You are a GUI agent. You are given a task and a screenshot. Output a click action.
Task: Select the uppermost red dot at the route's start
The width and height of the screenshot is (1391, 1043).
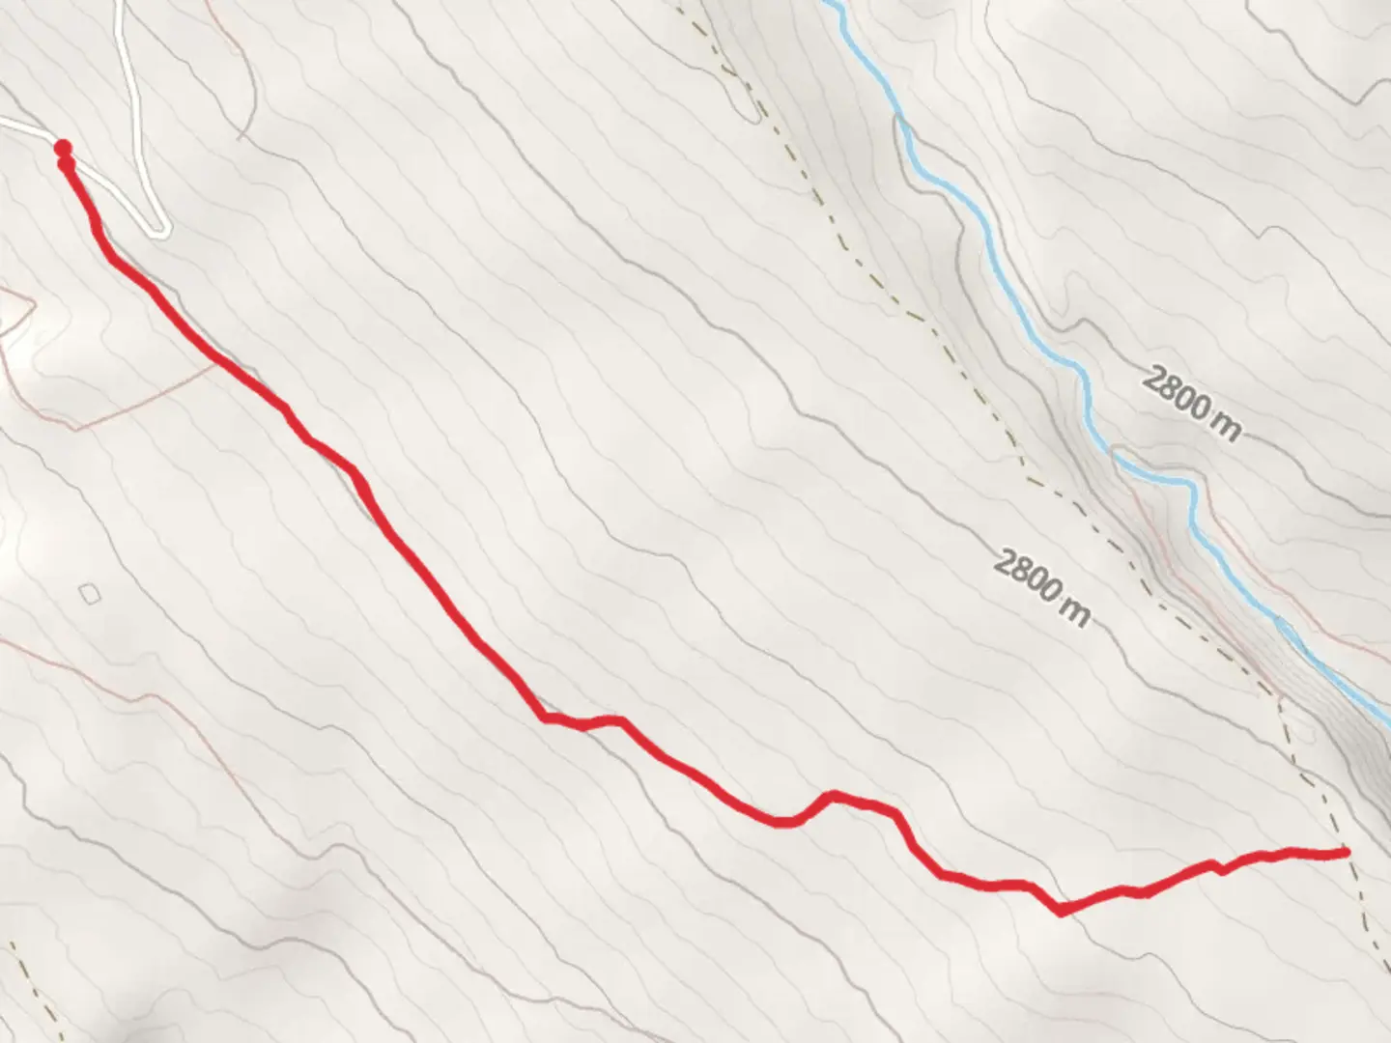tap(63, 148)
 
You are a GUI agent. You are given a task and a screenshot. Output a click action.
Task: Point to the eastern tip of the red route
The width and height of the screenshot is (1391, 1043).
tap(1345, 851)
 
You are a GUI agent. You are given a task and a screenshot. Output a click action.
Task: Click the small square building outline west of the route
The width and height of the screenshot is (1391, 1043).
tap(90, 593)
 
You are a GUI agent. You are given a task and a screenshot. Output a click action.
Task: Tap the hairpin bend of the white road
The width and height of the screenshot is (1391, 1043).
tap(160, 230)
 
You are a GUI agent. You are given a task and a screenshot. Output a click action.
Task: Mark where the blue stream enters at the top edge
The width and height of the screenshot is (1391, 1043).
tap(829, 3)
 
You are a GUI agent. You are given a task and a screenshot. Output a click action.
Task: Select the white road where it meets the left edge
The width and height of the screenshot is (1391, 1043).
tap(3, 122)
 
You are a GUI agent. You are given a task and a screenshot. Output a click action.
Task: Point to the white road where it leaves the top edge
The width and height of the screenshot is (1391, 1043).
tap(120, 3)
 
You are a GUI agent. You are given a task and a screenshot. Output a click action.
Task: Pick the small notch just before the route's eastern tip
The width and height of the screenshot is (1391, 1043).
tap(1221, 870)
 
